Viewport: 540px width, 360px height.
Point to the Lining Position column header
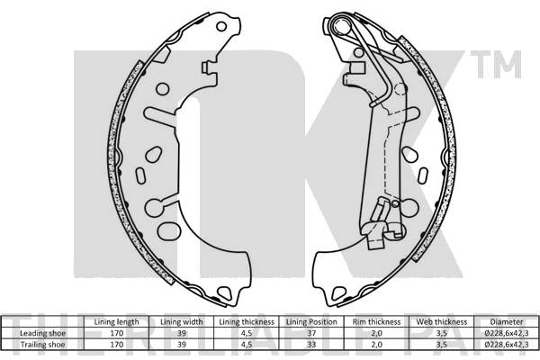[x=310, y=321]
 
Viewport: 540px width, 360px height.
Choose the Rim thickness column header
[x=377, y=321]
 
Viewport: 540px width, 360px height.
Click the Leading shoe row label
[x=42, y=332]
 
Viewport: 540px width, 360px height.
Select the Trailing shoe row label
[x=42, y=343]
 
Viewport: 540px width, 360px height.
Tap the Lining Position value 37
[x=310, y=332]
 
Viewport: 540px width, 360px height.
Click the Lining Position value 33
[x=310, y=343]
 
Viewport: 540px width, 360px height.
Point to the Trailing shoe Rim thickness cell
[x=377, y=343]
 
